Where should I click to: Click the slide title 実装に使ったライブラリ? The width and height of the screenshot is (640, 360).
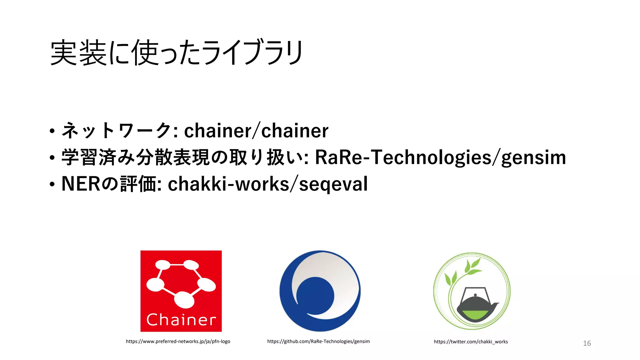click(x=177, y=52)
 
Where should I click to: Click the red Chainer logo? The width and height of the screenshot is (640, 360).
click(x=181, y=291)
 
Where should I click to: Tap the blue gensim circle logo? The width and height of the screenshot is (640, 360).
click(x=320, y=291)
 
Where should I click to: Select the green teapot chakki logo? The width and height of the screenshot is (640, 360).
click(x=472, y=291)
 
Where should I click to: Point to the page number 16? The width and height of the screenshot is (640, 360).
click(x=587, y=343)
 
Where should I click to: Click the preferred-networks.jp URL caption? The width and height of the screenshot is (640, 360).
click(x=178, y=341)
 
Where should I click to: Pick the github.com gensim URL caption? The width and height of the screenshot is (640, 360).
click(x=318, y=341)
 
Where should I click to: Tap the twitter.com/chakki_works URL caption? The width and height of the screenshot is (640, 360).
click(x=471, y=342)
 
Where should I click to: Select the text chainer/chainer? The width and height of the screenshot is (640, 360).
click(x=256, y=130)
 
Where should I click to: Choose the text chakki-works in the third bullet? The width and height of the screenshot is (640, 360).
click(x=228, y=184)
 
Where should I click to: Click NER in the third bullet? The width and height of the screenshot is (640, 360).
click(x=81, y=184)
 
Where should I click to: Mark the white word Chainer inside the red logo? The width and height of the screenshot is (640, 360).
click(x=181, y=320)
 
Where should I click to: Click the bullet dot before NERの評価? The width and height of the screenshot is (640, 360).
click(x=52, y=184)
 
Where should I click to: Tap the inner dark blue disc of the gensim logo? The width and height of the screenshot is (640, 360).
click(x=315, y=295)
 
